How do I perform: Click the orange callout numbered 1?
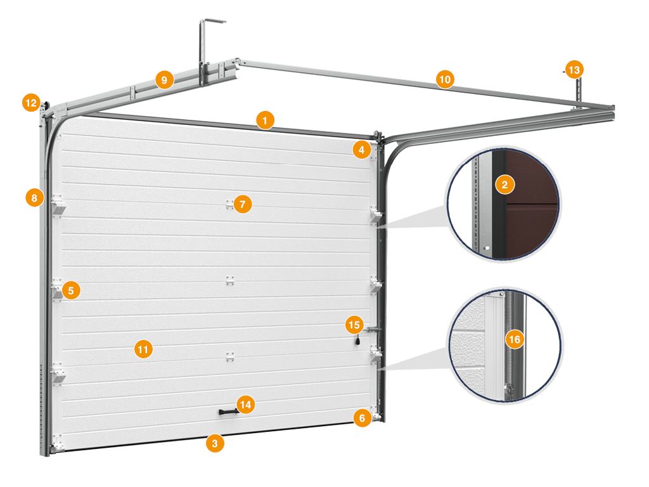pos(265,120)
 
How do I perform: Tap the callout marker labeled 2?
pos(504,185)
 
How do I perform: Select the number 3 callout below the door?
pos(215,443)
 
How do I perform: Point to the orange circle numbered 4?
pos(362,150)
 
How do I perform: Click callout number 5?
pos(71,290)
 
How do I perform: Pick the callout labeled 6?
pos(362,418)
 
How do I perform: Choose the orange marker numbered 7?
pos(243,204)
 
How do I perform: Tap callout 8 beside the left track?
pos(34,198)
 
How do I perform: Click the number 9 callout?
pos(164,79)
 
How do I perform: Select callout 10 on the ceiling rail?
pos(445,79)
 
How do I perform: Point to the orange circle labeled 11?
pos(143,349)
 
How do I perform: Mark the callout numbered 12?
pos(32,102)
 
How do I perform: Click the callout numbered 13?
pos(574,70)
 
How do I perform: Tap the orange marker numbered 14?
pos(245,405)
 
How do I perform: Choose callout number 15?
pos(354,325)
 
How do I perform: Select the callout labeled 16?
pos(515,340)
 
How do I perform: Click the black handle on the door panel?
pos(228,412)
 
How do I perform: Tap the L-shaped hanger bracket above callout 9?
pos(202,49)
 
